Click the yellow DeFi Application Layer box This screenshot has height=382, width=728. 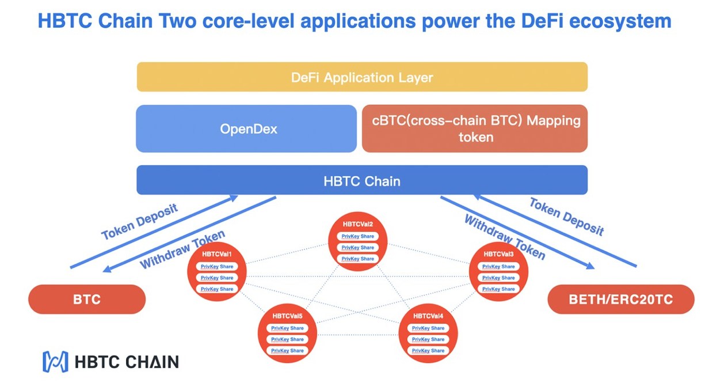point(361,77)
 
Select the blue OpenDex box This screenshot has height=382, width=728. point(246,128)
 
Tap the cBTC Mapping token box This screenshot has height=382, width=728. point(475,128)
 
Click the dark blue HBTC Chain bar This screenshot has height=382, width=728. point(361,180)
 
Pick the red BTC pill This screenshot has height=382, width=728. point(87,300)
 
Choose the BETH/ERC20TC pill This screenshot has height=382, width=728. point(620,300)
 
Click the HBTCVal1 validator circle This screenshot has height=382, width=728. point(217,272)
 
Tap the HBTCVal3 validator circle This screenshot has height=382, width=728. point(498,272)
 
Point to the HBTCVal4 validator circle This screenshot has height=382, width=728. point(428,334)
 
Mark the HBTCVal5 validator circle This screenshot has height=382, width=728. point(287,334)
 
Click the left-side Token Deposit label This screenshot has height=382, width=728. point(139,221)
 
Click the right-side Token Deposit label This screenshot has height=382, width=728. point(567,217)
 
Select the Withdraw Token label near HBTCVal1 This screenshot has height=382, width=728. point(182,249)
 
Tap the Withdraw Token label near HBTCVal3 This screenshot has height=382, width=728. point(504,237)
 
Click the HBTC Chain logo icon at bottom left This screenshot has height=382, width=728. point(55,361)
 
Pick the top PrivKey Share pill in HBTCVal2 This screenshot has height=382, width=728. point(358,236)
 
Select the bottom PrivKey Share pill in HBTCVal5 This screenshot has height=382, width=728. point(287,350)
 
